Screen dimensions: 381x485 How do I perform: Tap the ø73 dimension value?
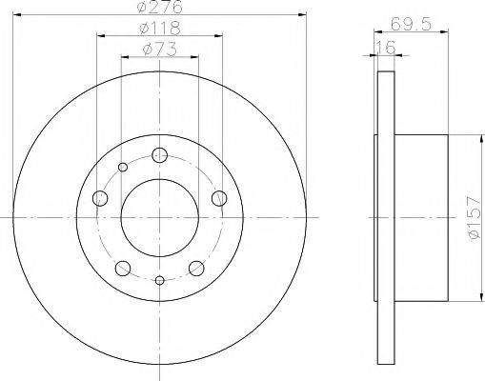[159, 50]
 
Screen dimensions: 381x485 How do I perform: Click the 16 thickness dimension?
[385, 47]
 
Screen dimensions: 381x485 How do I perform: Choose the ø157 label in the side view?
[464, 218]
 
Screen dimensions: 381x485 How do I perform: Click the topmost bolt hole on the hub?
[159, 155]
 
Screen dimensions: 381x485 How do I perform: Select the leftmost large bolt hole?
[100, 198]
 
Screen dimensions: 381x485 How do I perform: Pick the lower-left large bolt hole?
[123, 267]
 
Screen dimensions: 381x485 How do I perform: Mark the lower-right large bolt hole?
[196, 267]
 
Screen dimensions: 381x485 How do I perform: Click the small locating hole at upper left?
[122, 169]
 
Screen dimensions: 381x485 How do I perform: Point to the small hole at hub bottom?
[159, 280]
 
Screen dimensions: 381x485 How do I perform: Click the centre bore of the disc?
[159, 218]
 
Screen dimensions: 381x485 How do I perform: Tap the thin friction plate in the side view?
[385, 218]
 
